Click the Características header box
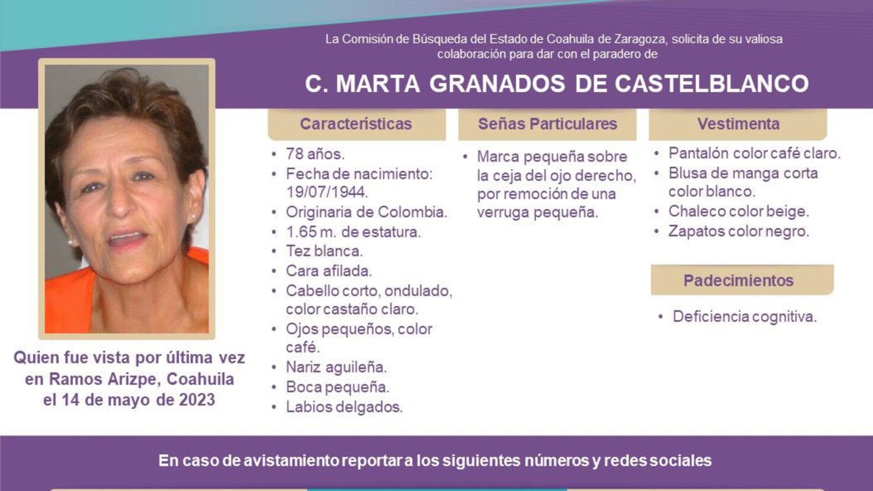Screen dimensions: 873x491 (x=357, y=124)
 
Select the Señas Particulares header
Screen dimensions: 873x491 (x=547, y=124)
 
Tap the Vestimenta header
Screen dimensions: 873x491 (x=738, y=124)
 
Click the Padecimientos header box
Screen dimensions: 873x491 (x=742, y=280)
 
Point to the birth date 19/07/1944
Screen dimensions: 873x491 (x=327, y=192)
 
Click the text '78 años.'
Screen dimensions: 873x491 (x=315, y=154)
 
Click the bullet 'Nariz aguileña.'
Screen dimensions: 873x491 (x=336, y=367)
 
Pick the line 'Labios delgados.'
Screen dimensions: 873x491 (x=344, y=407)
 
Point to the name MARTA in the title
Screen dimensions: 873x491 (x=378, y=83)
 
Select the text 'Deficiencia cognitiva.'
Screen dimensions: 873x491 (x=744, y=316)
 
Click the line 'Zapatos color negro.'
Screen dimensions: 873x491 (x=739, y=231)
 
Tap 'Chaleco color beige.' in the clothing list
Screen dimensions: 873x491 (x=739, y=211)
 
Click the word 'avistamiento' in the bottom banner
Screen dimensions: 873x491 (x=291, y=460)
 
